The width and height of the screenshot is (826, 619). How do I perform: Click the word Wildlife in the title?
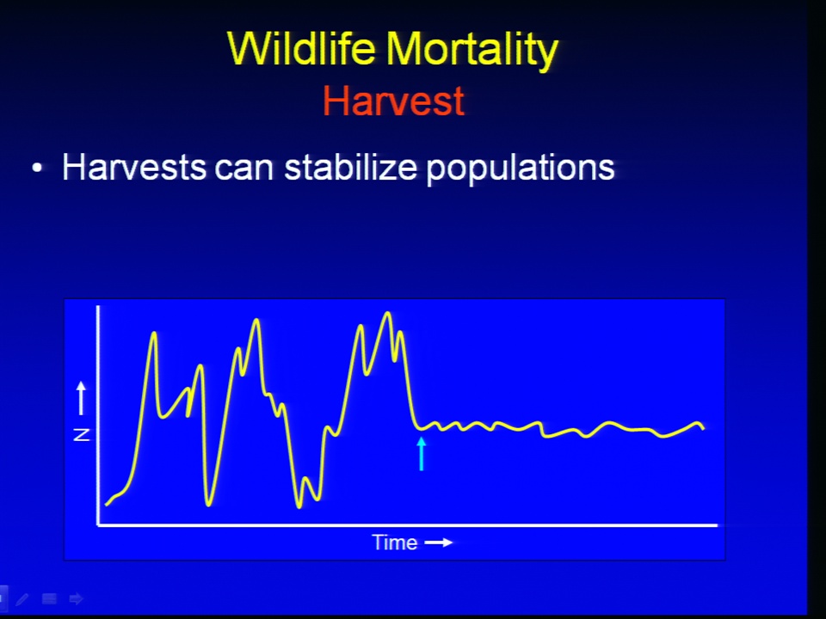pos(301,48)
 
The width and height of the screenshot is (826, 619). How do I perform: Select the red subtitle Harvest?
pos(393,101)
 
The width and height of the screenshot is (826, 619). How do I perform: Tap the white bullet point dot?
pos(37,168)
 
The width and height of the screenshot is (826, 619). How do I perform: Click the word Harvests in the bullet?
pos(134,167)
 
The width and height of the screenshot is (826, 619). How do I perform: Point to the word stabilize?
pos(350,167)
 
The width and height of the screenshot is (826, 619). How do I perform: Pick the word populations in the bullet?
pos(521,169)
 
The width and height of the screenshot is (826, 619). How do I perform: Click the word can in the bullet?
pos(244,170)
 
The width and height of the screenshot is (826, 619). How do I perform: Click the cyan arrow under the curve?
pos(421,454)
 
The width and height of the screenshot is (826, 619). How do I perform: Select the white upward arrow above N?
pos(81,398)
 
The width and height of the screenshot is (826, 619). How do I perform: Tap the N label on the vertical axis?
pos(82,435)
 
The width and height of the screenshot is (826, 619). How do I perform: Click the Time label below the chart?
pos(395,542)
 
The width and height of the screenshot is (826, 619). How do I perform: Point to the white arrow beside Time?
pos(439,542)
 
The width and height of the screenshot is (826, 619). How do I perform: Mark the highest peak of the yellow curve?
pos(388,314)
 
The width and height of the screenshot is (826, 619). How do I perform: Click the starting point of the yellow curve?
pos(107,505)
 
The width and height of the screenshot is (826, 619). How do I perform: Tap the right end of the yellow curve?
pos(703,428)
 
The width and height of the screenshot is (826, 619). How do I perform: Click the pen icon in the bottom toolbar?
pos(22,599)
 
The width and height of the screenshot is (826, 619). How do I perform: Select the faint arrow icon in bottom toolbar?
pos(77,599)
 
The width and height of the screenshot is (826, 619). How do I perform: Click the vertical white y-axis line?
pos(98,415)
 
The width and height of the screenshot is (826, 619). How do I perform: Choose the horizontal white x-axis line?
pos(407,524)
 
